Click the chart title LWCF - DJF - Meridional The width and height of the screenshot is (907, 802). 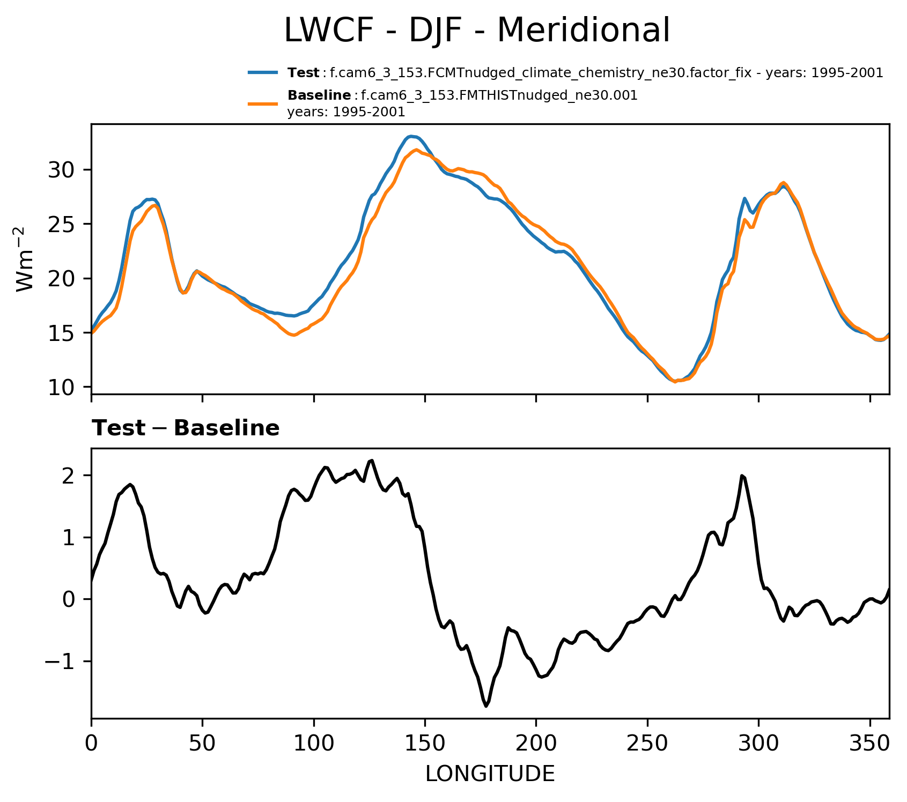tap(476, 31)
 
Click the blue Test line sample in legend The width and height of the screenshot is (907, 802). tap(263, 72)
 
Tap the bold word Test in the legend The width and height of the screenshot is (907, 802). tap(304, 73)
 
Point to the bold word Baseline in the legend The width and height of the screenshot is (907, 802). tap(320, 95)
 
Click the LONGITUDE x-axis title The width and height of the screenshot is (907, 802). tap(490, 774)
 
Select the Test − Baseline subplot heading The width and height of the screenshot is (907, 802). tap(186, 428)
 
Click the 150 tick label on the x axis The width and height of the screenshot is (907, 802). tap(425, 744)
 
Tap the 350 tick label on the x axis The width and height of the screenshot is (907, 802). tap(869, 744)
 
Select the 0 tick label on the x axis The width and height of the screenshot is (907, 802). tap(92, 744)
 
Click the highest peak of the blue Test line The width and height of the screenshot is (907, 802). tap(411, 136)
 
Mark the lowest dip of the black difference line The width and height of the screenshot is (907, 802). tap(486, 706)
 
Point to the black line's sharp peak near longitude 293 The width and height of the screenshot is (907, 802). tap(742, 476)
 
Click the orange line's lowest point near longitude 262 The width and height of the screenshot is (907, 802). tap(675, 382)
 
